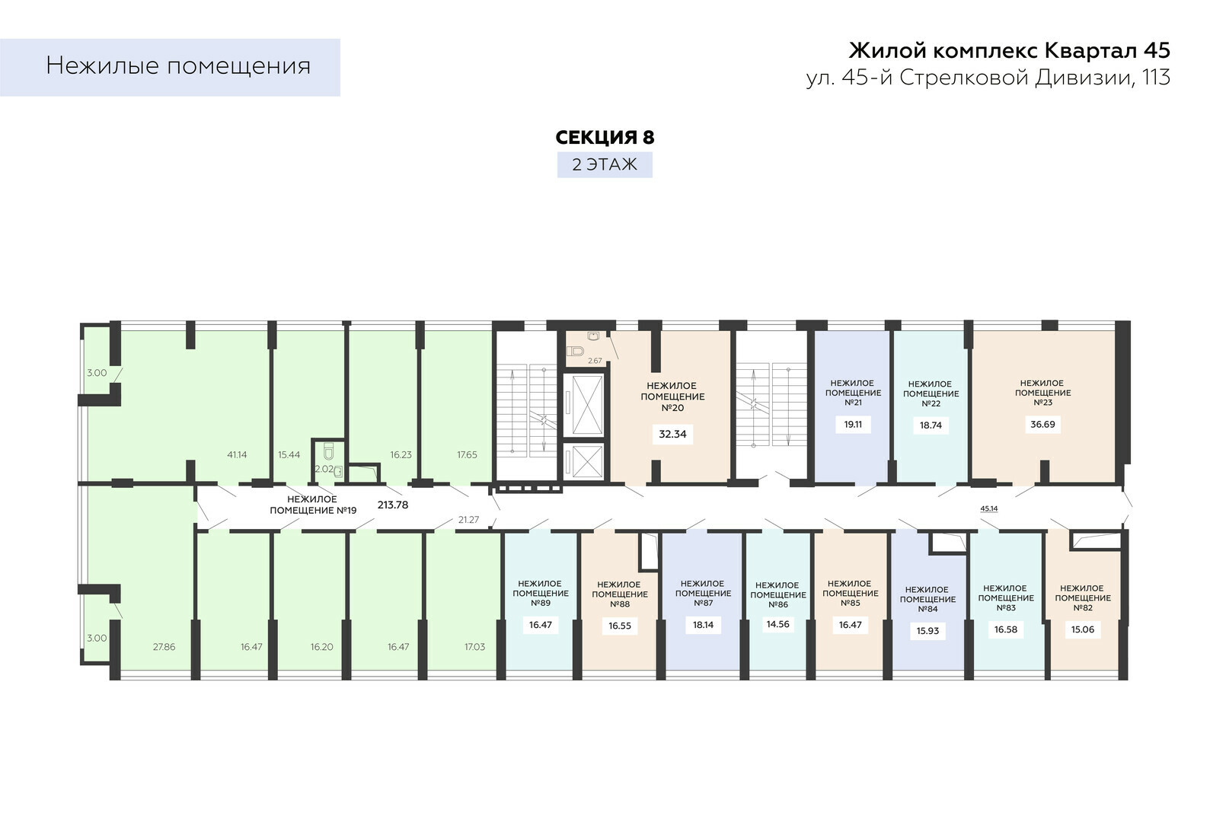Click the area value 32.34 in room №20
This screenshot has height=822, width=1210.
click(x=672, y=434)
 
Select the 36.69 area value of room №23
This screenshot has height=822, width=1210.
click(x=1042, y=424)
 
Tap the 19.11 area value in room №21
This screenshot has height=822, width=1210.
click(x=853, y=424)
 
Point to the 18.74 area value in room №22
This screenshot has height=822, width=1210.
click(x=931, y=425)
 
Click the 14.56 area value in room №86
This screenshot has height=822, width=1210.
click(x=778, y=624)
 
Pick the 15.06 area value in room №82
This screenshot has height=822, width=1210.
click(x=1083, y=629)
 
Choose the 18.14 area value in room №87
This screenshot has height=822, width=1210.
click(x=703, y=625)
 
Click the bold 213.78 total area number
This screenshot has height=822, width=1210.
click(x=393, y=505)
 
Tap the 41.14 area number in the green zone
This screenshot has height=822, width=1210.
click(x=237, y=454)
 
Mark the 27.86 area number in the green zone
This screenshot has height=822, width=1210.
click(x=164, y=646)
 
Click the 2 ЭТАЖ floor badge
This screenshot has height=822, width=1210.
click(x=605, y=164)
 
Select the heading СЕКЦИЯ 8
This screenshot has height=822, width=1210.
click(x=605, y=137)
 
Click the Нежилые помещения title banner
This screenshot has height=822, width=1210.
click(x=170, y=67)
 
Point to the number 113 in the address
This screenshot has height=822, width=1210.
click(x=1155, y=77)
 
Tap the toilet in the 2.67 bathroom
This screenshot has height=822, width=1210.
click(x=575, y=351)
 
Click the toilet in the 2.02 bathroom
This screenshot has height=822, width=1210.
click(x=328, y=451)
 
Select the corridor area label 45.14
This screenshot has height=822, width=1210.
click(x=989, y=508)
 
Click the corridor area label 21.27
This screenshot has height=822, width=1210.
click(x=468, y=520)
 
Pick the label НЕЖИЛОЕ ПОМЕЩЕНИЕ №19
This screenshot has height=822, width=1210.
click(x=313, y=505)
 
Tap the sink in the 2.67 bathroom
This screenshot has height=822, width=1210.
click(x=594, y=336)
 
